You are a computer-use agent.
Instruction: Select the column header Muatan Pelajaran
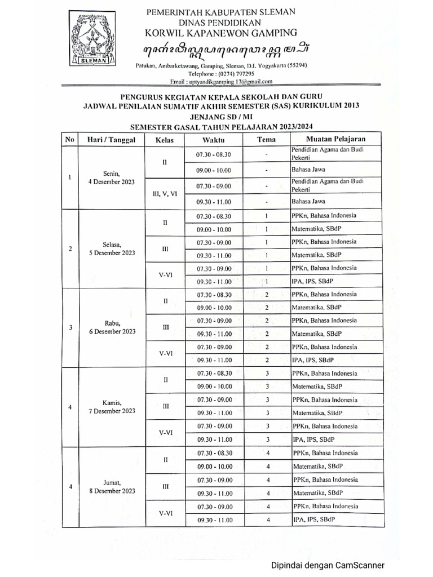point(336,139)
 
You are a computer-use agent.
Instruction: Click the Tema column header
point(266,139)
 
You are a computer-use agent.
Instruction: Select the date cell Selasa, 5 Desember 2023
point(112,248)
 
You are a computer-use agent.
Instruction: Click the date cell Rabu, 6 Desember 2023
point(112,327)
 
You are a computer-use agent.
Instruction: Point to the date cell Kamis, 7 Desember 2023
point(112,407)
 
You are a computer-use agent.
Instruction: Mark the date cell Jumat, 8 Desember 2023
point(112,487)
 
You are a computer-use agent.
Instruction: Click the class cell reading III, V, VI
point(165,193)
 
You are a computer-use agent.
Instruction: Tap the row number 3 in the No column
point(70,327)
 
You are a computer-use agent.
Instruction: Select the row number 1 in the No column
point(70,177)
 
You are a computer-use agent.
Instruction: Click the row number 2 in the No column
point(70,248)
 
